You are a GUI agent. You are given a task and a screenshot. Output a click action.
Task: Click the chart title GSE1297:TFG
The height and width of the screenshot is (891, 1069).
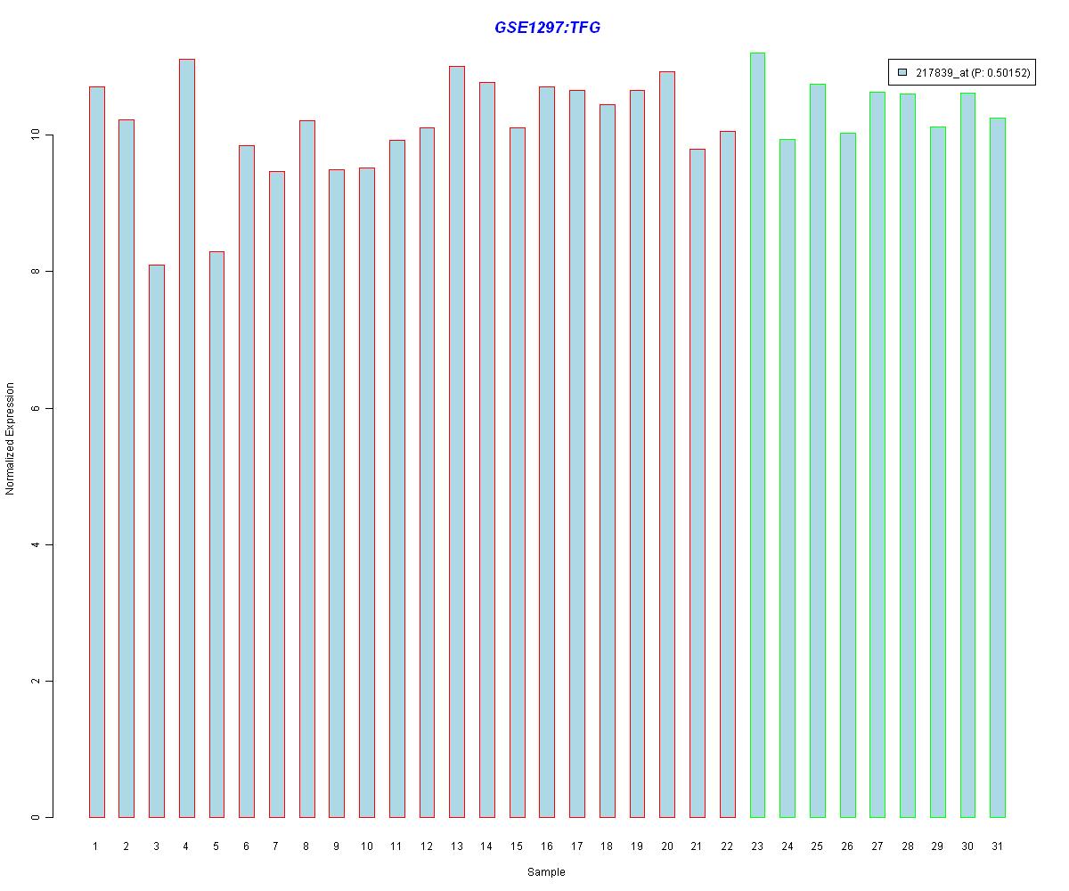point(547,28)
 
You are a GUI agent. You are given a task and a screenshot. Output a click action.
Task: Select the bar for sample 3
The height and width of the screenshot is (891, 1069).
point(156,541)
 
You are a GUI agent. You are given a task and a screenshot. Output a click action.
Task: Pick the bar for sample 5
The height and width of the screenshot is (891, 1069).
point(216,535)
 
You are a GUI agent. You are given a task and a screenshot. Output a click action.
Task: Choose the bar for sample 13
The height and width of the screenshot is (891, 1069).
point(457,442)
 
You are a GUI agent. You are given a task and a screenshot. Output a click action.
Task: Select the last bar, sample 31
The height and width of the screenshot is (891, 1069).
point(998,468)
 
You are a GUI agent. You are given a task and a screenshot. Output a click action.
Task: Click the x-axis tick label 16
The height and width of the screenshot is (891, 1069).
point(547,846)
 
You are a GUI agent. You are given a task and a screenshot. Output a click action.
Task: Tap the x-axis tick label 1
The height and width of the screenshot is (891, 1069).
point(95,846)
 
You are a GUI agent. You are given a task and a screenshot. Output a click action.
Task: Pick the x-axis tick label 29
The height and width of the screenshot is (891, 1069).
point(937,846)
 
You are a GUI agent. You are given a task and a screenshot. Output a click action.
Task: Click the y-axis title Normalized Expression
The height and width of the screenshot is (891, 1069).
point(10,438)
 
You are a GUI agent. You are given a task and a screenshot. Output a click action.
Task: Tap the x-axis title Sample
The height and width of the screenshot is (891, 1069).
point(546,872)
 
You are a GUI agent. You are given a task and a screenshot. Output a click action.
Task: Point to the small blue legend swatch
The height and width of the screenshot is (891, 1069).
point(902,73)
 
